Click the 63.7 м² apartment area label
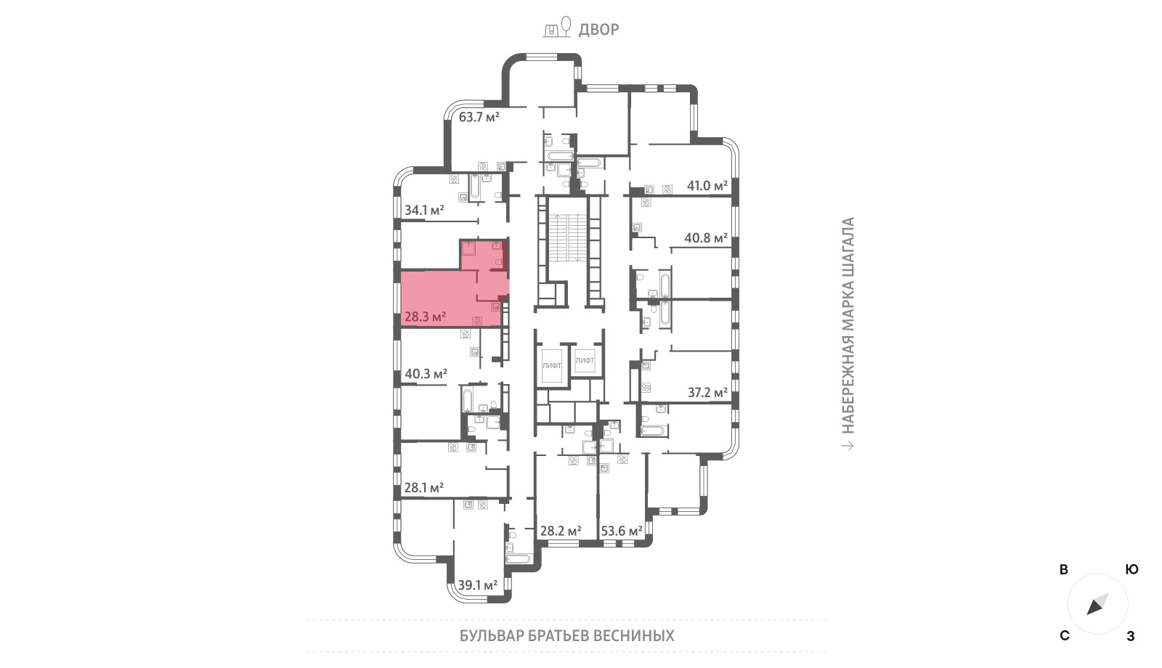click(x=479, y=117)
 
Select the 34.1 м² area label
click(x=424, y=210)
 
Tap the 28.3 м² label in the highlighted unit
click(x=426, y=317)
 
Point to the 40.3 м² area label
click(x=426, y=373)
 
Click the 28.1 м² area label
click(x=424, y=487)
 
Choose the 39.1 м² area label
click(x=478, y=585)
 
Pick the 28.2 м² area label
click(x=561, y=531)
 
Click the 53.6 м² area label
click(x=622, y=531)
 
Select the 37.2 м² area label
click(x=707, y=393)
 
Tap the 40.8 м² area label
click(x=706, y=238)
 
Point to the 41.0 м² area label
click(x=707, y=186)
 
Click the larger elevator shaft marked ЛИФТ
click(x=551, y=366)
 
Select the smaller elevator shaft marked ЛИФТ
click(x=585, y=360)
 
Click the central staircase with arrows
click(x=569, y=237)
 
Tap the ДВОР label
click(x=598, y=30)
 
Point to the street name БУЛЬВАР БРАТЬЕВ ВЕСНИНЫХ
click(x=567, y=636)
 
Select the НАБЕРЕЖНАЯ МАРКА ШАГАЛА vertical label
click(x=848, y=325)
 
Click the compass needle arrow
click(x=1097, y=604)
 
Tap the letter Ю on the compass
click(x=1132, y=569)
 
